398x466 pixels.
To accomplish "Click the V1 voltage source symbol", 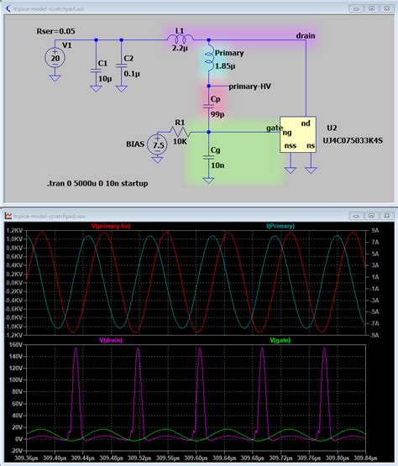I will (55, 57).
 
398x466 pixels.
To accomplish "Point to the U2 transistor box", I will (297, 134).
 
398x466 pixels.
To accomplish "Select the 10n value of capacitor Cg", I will (217, 166).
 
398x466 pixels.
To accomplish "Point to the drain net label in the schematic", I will (306, 36).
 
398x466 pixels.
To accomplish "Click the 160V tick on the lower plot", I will (15, 345).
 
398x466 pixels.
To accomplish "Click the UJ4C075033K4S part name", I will (348, 145).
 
